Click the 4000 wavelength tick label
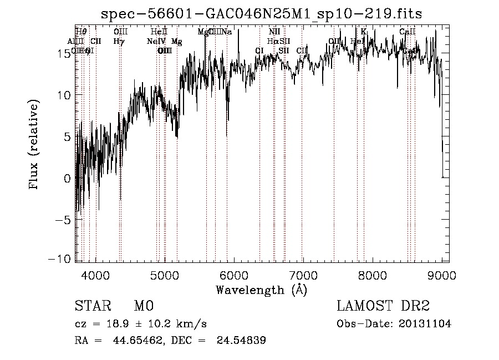tap(95, 274)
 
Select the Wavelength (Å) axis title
tap(261, 290)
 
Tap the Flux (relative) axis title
tap(34, 145)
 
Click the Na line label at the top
tap(227, 32)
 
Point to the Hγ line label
tap(119, 41)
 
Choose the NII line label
tap(274, 32)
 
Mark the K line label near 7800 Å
tap(364, 32)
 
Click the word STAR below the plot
tap(91, 306)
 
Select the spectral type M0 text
tap(143, 306)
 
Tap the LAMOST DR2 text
tap(383, 306)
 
